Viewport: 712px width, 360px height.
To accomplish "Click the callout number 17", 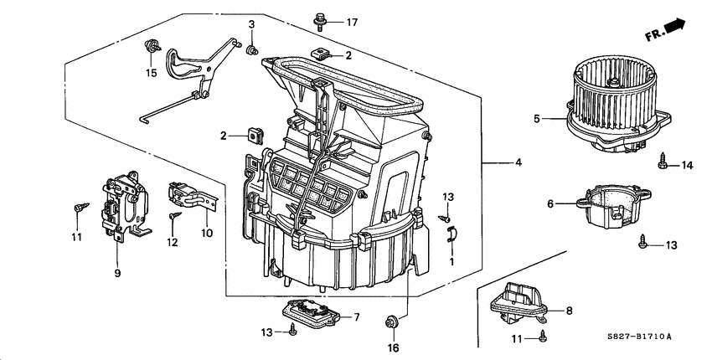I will [x=353, y=22].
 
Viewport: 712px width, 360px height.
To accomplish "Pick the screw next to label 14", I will [x=661, y=160].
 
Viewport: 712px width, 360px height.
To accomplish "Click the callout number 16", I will [x=393, y=347].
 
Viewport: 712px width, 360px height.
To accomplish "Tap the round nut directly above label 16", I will [x=390, y=321].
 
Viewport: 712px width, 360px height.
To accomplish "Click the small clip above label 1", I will [x=451, y=235].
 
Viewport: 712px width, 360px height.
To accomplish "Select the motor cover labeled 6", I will [x=609, y=209].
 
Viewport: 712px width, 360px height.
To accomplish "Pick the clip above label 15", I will [x=152, y=47].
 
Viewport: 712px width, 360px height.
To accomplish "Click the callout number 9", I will [x=117, y=273].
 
